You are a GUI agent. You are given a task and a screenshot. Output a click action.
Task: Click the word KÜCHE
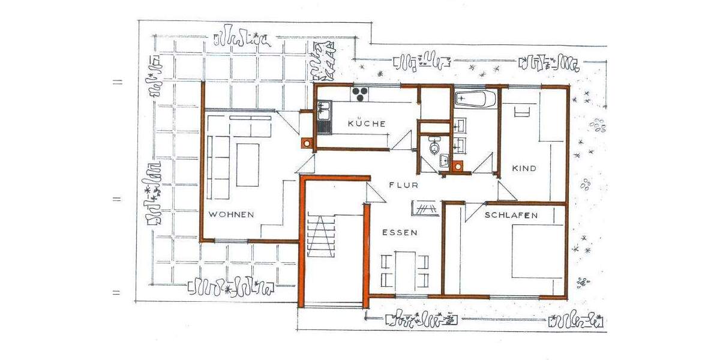tap(366, 124)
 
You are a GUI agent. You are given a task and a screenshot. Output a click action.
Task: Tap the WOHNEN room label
tap(232, 214)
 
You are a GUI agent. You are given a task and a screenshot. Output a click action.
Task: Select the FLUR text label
tap(399, 185)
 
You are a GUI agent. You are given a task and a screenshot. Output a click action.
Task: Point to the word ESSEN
tap(398, 232)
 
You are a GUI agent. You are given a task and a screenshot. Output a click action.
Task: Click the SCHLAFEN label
tap(512, 215)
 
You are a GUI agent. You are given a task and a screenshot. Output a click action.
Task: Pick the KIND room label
tap(524, 169)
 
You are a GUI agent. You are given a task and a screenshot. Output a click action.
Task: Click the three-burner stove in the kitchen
tap(360, 94)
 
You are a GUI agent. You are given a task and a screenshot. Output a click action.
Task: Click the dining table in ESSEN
tap(406, 270)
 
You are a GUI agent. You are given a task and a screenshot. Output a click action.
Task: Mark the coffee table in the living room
tap(247, 164)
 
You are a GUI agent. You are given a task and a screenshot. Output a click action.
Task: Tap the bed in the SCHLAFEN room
tap(537, 251)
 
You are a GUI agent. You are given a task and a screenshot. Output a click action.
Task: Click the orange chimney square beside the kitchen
tap(307, 143)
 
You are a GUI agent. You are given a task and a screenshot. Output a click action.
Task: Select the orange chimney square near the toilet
tap(459, 166)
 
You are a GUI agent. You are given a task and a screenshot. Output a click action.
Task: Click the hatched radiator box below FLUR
tap(425, 208)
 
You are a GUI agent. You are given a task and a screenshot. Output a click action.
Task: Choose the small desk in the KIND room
tap(521, 112)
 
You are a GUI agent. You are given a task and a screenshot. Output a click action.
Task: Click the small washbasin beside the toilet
tap(445, 160)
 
